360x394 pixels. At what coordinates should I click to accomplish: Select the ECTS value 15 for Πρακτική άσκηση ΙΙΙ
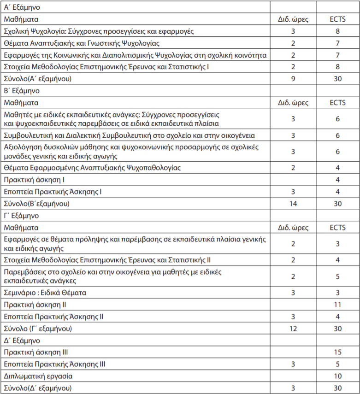tap(337, 352)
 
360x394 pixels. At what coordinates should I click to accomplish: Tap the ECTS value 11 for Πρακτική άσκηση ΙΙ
tap(337, 305)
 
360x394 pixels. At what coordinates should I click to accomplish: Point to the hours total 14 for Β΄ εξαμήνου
tap(293, 203)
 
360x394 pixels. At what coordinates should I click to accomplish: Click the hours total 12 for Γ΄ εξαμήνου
tap(293, 329)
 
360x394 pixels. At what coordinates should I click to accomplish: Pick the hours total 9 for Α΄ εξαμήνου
tap(293, 79)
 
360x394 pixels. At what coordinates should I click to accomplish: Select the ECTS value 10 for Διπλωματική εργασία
tap(337, 376)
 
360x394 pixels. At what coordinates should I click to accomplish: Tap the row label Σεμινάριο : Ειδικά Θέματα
tap(45, 293)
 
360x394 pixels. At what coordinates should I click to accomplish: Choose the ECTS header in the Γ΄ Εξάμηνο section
tap(337, 227)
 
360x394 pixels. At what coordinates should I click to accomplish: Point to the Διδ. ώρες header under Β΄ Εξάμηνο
tap(293, 102)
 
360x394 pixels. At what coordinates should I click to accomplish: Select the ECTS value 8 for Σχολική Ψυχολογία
tap(337, 31)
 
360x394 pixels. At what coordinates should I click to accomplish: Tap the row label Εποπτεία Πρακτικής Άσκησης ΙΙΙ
tap(54, 364)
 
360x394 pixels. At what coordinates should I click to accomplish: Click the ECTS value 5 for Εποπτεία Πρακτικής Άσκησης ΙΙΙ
tap(337, 364)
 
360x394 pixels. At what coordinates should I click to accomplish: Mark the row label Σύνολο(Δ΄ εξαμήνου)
tap(38, 388)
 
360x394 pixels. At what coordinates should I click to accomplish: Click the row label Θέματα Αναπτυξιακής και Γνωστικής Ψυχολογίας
tap(82, 43)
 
